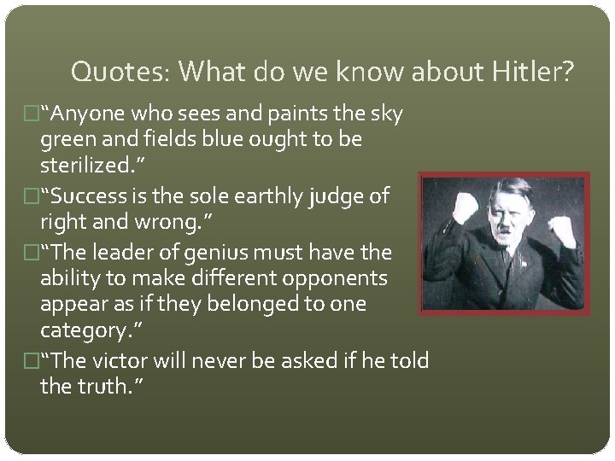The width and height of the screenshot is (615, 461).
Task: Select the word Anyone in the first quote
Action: (89, 114)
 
